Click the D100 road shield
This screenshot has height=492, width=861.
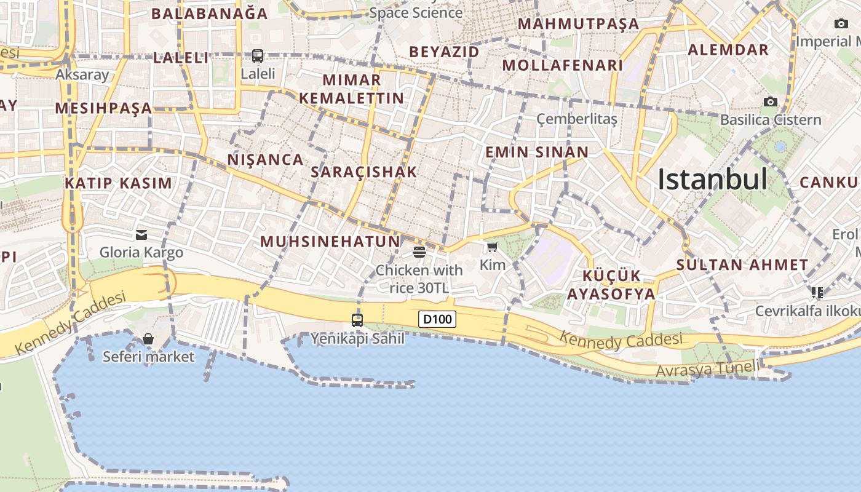click(x=437, y=319)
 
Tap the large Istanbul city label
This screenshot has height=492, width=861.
click(x=712, y=180)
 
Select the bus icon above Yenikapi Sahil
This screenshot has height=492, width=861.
click(x=357, y=320)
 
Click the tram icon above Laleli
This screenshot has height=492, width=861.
click(x=258, y=56)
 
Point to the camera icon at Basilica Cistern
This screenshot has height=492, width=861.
click(x=770, y=101)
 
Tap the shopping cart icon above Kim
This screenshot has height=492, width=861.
click(x=492, y=247)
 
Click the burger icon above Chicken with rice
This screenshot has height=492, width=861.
click(x=419, y=252)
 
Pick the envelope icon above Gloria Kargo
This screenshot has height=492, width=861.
click(x=141, y=234)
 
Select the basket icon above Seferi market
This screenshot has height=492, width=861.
click(x=148, y=339)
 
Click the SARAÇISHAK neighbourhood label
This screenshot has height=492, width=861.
click(x=364, y=172)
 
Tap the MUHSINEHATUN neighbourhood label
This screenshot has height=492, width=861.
click(x=330, y=242)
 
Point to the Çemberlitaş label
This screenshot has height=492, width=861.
click(x=576, y=119)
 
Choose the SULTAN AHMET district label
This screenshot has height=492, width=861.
click(x=742, y=266)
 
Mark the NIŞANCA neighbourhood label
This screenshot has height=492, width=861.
click(x=266, y=160)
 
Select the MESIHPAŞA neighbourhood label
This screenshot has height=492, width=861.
click(x=103, y=109)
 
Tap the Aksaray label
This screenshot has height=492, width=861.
click(x=82, y=75)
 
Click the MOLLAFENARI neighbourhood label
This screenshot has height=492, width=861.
click(x=563, y=65)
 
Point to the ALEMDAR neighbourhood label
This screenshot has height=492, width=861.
click(x=728, y=50)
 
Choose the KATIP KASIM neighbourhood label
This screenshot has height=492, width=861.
click(x=119, y=183)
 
